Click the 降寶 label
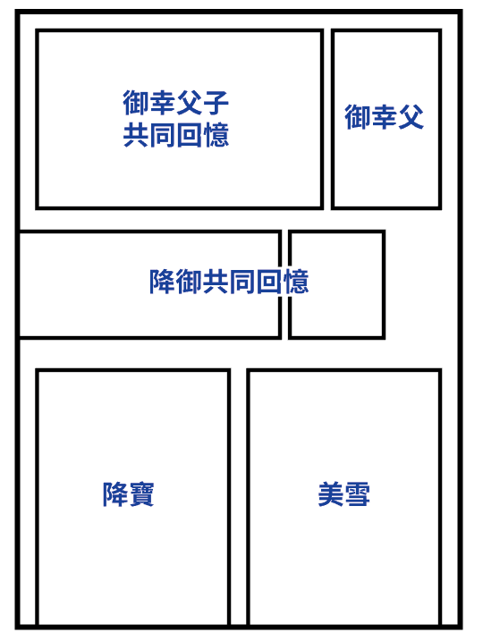(128, 494)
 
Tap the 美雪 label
(344, 494)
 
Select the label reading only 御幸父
(384, 117)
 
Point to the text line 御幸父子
(176, 103)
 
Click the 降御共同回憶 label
(229, 282)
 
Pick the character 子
(216, 103)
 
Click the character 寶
(141, 494)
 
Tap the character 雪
(357, 494)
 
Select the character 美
(331, 494)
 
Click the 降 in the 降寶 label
(114, 494)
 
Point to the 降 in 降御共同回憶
(163, 282)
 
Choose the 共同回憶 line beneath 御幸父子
(176, 135)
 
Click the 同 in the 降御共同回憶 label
(242, 282)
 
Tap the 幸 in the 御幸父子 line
(163, 103)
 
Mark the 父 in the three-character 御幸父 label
(411, 117)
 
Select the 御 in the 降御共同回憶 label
(189, 282)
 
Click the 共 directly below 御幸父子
(136, 135)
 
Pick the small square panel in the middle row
(336, 284)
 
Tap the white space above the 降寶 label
(132, 426)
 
